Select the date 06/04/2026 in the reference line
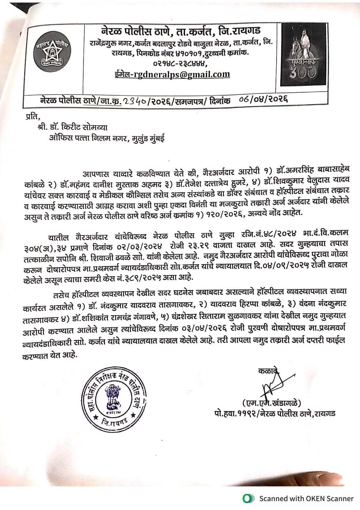click(263, 99)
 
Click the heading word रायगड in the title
click(245, 30)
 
